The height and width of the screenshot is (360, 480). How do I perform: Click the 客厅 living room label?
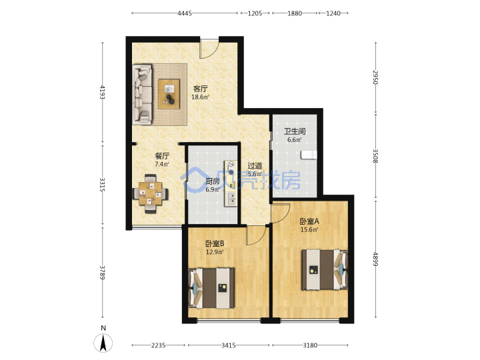click(200, 89)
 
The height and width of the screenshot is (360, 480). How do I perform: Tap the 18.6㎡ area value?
click(200, 97)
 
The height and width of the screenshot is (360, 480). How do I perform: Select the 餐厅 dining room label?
click(162, 156)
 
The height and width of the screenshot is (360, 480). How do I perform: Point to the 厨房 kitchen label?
click(213, 181)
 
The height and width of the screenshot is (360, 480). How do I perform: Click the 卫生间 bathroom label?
click(295, 131)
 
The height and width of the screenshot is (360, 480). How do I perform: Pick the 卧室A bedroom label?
click(309, 221)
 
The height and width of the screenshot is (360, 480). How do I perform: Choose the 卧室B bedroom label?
click(215, 244)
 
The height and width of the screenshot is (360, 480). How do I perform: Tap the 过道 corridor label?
click(255, 165)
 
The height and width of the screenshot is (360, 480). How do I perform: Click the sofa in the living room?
click(143, 94)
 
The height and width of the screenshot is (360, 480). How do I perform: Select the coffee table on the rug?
click(169, 94)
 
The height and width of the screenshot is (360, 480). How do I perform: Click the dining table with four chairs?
click(151, 193)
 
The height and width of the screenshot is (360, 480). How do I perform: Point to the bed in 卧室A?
click(325, 270)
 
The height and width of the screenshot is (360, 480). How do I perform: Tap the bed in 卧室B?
click(212, 288)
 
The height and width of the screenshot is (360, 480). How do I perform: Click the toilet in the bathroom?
click(309, 155)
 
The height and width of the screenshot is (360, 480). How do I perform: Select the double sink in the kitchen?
click(231, 199)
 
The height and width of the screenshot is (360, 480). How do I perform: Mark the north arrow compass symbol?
click(103, 342)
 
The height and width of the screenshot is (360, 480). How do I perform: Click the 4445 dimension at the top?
click(185, 13)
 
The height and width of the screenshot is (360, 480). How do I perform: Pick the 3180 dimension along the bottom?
click(310, 345)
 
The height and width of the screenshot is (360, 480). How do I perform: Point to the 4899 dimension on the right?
click(375, 259)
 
